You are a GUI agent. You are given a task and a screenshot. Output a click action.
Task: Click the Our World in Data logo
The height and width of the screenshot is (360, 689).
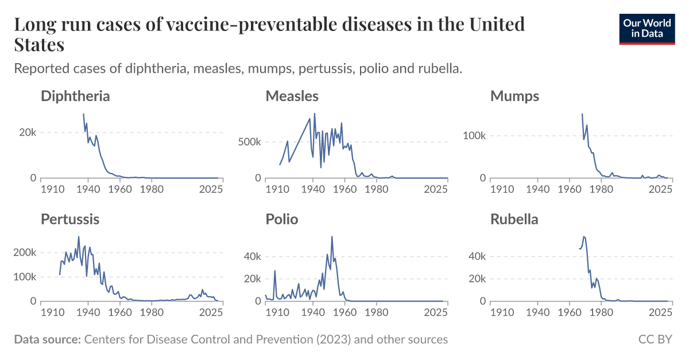(647, 28)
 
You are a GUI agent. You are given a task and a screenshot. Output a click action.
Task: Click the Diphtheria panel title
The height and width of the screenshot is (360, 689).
(75, 96)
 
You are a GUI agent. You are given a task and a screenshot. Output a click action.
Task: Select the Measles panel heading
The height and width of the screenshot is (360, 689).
(292, 96)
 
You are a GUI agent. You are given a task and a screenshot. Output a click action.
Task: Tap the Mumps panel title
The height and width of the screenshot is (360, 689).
(514, 96)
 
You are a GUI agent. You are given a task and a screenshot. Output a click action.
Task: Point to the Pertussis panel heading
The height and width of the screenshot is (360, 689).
(70, 219)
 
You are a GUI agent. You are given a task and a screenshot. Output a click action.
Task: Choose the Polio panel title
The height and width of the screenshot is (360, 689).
(281, 219)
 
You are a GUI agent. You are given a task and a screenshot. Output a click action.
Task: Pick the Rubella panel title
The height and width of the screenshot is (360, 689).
(514, 219)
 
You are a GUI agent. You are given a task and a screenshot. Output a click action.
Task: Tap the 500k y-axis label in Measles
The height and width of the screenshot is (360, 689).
(249, 142)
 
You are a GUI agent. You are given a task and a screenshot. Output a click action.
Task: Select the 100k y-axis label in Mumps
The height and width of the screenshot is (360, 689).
(475, 136)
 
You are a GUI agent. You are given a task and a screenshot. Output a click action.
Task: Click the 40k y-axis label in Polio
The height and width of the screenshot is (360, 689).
(252, 256)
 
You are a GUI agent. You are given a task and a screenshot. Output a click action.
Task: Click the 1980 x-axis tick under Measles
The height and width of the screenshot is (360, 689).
(376, 189)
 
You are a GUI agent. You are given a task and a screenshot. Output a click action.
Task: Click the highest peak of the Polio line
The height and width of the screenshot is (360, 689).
(332, 237)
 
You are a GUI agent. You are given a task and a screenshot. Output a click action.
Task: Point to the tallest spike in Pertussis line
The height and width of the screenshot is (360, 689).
(79, 237)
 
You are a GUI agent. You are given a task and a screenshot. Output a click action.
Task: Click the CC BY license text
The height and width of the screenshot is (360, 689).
(655, 340)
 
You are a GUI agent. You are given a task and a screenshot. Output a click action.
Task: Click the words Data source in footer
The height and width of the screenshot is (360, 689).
(47, 340)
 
